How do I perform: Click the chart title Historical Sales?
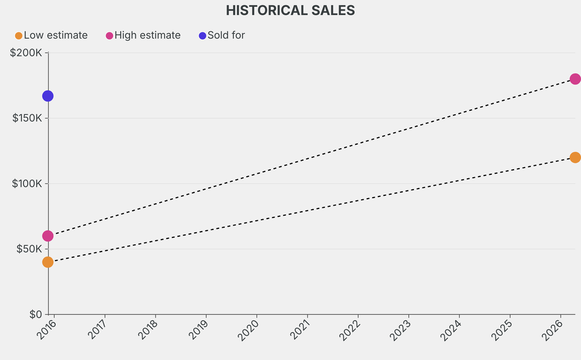click(290, 10)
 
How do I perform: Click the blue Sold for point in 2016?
click(48, 96)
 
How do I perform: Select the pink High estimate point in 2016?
click(48, 236)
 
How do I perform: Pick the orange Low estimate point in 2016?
click(48, 262)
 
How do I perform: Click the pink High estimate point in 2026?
click(575, 79)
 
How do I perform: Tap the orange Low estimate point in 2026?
click(575, 157)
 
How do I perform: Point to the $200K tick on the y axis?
click(26, 53)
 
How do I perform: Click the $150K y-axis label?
click(26, 118)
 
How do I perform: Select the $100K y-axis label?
click(26, 183)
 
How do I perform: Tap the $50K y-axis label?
click(28, 249)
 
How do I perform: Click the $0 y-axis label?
click(35, 314)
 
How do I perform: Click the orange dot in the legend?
click(19, 36)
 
